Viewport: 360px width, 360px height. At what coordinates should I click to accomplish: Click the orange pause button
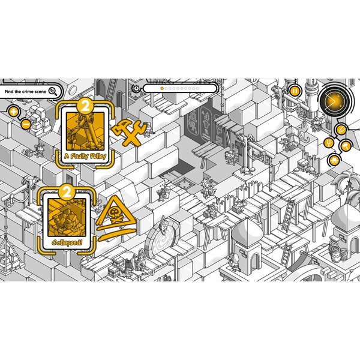[295, 91]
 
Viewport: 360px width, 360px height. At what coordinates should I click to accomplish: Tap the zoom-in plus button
[14, 112]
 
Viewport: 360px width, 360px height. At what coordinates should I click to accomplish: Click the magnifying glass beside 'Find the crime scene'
[53, 91]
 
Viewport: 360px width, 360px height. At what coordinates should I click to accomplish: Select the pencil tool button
[341, 130]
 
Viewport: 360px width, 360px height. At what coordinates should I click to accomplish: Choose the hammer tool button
[346, 146]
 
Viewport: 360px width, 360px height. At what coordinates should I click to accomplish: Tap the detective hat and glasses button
[334, 160]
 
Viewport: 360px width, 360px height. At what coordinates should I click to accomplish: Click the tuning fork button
[329, 143]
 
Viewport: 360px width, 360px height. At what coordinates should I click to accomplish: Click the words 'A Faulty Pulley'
[85, 156]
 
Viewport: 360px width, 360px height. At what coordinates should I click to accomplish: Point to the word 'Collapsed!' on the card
[67, 242]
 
